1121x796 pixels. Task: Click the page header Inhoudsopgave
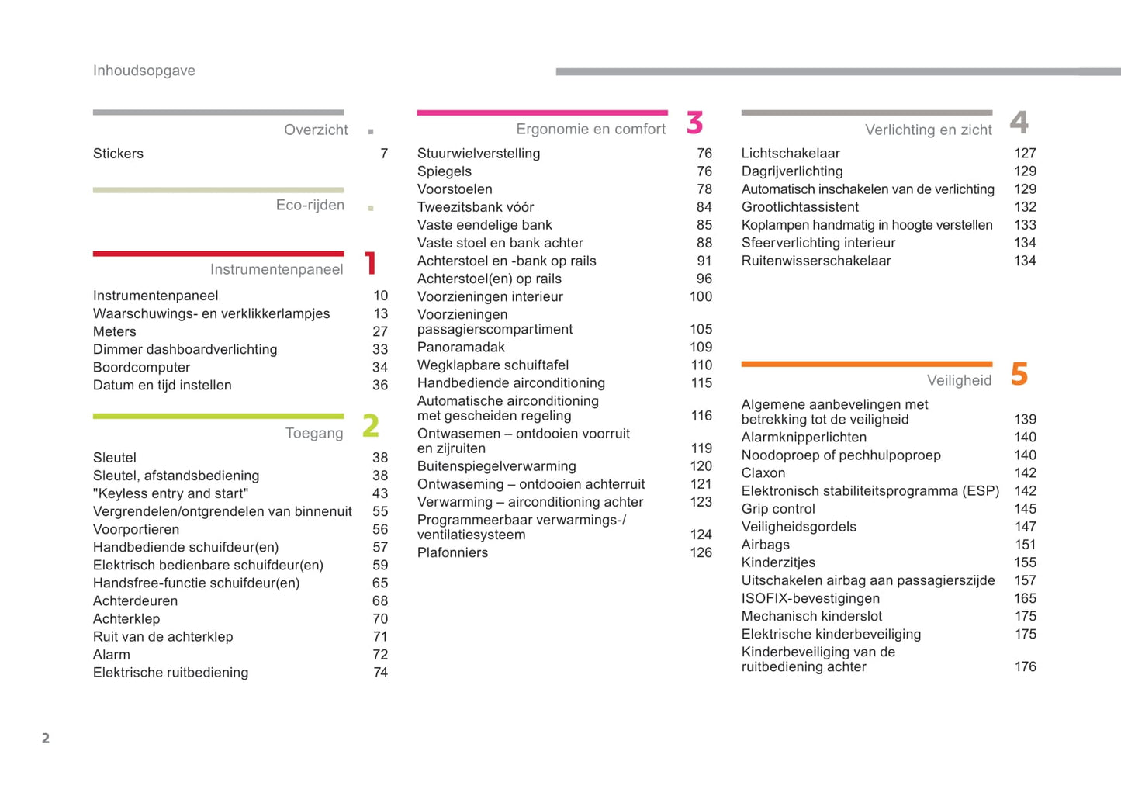pyautogui.click(x=144, y=71)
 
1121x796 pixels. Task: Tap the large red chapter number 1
pyautogui.click(x=371, y=263)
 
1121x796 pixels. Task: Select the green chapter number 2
pyautogui.click(x=371, y=426)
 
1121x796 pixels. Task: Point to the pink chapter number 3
pyautogui.click(x=694, y=123)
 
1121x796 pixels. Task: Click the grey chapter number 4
pyautogui.click(x=1019, y=123)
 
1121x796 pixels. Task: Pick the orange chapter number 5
pyautogui.click(x=1019, y=374)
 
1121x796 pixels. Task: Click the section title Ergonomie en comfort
pyautogui.click(x=590, y=129)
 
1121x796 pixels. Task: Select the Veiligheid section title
pyautogui.click(x=959, y=380)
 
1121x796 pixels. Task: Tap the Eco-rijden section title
pyautogui.click(x=310, y=205)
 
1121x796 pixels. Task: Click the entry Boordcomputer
pyautogui.click(x=141, y=367)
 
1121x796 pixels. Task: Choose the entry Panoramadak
pyautogui.click(x=461, y=347)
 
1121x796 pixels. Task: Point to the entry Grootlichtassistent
pyautogui.click(x=799, y=207)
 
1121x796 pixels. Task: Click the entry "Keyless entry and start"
pyautogui.click(x=171, y=493)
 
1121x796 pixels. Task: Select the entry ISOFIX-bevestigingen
pyautogui.click(x=810, y=598)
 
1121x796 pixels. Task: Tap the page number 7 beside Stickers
pyautogui.click(x=384, y=154)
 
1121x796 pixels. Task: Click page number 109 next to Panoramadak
pyautogui.click(x=701, y=347)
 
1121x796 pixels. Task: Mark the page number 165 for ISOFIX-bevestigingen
pyautogui.click(x=1025, y=598)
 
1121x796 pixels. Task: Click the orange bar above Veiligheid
pyautogui.click(x=867, y=363)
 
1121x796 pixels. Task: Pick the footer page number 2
pyautogui.click(x=46, y=738)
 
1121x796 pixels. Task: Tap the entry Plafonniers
pyautogui.click(x=452, y=552)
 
